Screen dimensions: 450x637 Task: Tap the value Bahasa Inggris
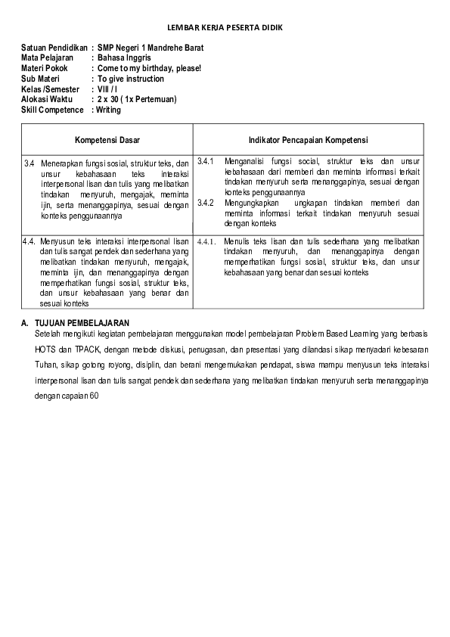pyautogui.click(x=124, y=57)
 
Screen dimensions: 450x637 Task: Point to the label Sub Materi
pyautogui.click(x=40, y=79)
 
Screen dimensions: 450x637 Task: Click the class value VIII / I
pyautogui.click(x=107, y=89)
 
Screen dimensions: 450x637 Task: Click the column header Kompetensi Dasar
pyautogui.click(x=107, y=140)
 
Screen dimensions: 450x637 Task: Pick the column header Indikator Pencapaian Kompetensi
pyautogui.click(x=308, y=140)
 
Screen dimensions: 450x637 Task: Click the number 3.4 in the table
pyautogui.click(x=29, y=163)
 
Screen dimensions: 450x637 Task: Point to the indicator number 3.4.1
pyautogui.click(x=206, y=161)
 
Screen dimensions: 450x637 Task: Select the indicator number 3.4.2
pyautogui.click(x=206, y=203)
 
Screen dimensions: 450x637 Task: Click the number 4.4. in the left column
pyautogui.click(x=30, y=241)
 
